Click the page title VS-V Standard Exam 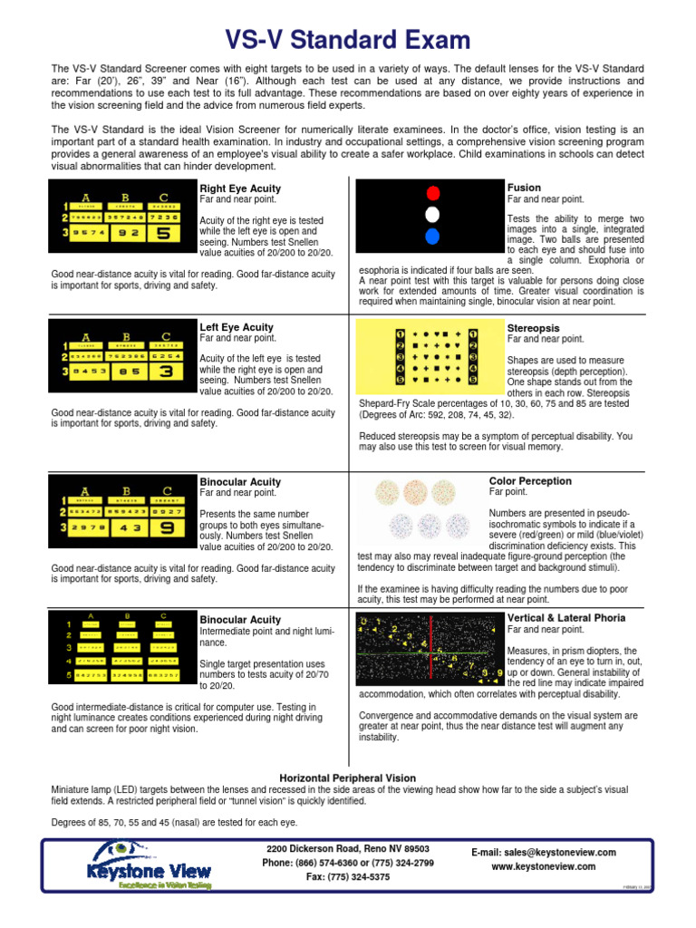pos(348,40)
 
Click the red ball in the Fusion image pos(432,192)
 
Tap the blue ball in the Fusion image pos(432,237)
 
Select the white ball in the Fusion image pos(432,215)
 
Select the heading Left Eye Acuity pos(236,327)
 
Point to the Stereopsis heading pos(533,327)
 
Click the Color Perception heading pos(530,481)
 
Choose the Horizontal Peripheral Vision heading pos(348,778)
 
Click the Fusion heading pos(524,187)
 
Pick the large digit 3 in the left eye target pos(165,371)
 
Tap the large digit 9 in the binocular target pos(165,527)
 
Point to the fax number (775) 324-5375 pos(348,877)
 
